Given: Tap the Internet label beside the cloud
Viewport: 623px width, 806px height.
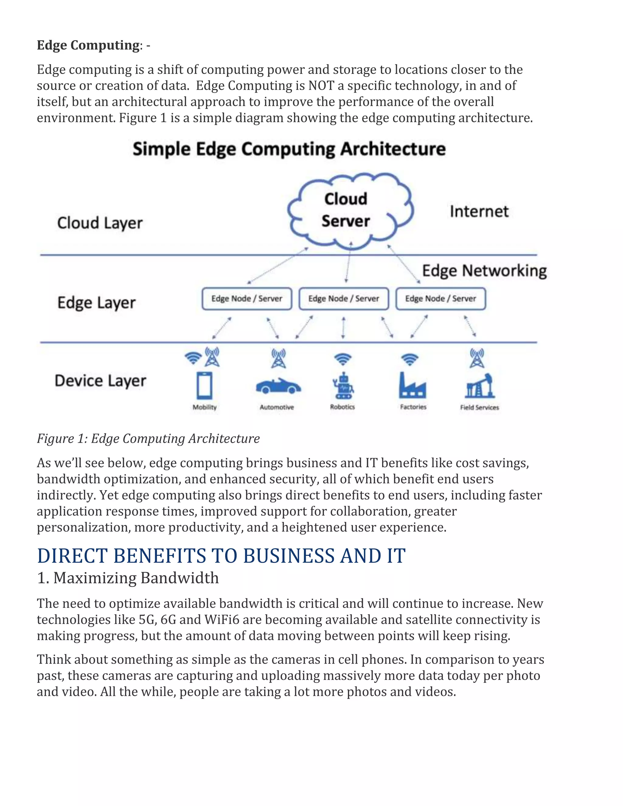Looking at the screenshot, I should coord(479,211).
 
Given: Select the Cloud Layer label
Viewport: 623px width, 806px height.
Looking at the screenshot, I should coord(100,223).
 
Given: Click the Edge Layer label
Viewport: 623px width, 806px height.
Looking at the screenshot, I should coord(96,303).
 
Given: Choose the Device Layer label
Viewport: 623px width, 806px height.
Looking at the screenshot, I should coord(100,381).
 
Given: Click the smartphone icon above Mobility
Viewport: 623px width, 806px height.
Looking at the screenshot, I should coord(204,386).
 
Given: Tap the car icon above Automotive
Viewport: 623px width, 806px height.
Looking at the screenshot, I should coord(278,386).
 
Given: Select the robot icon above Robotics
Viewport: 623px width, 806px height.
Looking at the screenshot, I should coord(343,386).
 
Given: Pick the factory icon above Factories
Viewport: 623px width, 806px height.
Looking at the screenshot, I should coord(412,386).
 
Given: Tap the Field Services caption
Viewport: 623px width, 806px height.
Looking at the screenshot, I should coord(479,408).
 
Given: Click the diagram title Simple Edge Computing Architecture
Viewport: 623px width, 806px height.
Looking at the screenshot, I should coord(289,149).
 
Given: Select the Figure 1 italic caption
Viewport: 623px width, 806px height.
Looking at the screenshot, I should coord(148,438).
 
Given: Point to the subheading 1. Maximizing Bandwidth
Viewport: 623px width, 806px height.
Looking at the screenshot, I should coord(128,578).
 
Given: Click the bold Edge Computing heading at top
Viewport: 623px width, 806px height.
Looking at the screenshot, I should coord(88,45).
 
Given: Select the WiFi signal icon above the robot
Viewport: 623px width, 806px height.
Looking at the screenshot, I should coord(343,359).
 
